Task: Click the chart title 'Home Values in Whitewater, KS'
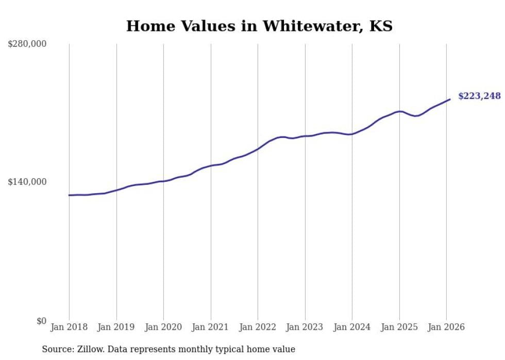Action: click(259, 26)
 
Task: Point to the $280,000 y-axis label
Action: click(27, 44)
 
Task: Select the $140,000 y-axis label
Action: click(27, 182)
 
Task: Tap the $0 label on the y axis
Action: click(41, 321)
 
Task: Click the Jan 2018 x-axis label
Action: click(69, 328)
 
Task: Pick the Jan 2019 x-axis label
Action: click(116, 328)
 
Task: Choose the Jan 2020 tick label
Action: click(163, 328)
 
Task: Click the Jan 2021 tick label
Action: click(211, 328)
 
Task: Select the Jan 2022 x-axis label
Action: click(258, 328)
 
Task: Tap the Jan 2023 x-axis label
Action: click(305, 328)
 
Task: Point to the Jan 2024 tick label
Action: click(352, 328)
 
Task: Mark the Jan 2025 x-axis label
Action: click(399, 328)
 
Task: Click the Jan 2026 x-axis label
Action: click(446, 328)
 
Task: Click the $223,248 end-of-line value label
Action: click(479, 96)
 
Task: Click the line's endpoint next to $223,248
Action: click(450, 99)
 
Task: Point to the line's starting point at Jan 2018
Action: click(69, 195)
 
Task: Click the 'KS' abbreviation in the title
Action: click(381, 26)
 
